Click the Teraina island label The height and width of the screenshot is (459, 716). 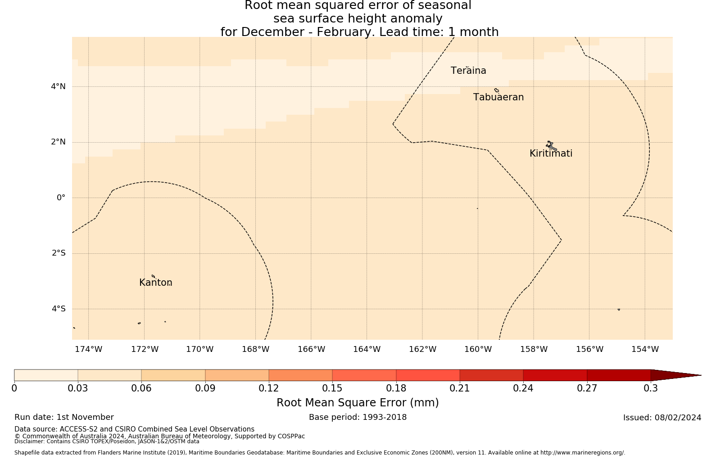(x=468, y=71)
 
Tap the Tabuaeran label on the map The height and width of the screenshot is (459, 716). (x=498, y=97)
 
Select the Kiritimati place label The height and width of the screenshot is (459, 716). (x=551, y=153)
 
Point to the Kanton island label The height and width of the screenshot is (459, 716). (x=155, y=283)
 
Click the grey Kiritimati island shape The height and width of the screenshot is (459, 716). (x=551, y=146)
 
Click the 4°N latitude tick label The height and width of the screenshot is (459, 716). (x=58, y=86)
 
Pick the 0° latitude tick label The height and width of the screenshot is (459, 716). (x=61, y=198)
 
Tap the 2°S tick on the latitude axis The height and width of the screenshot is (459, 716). (x=59, y=253)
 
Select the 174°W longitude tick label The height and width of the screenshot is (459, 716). (x=88, y=349)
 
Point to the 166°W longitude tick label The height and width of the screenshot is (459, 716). (x=311, y=349)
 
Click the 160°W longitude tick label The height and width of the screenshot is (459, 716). (x=478, y=349)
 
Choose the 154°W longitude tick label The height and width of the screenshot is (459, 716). (x=645, y=349)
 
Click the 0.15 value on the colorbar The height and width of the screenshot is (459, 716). (x=332, y=388)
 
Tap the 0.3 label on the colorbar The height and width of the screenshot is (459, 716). (x=651, y=388)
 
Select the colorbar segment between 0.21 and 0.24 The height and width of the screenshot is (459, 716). (x=491, y=375)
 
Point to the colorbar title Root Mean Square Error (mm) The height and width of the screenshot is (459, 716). (x=358, y=403)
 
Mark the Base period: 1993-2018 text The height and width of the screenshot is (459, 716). (x=358, y=417)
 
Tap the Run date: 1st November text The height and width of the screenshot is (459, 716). (x=64, y=417)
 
